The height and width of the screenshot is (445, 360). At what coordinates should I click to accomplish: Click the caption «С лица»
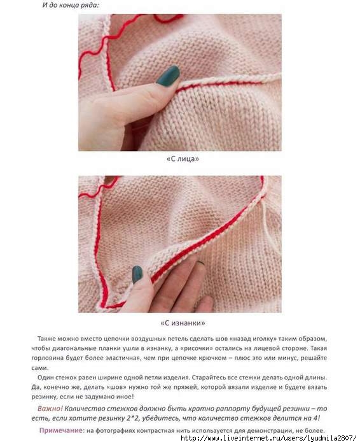(x=183, y=159)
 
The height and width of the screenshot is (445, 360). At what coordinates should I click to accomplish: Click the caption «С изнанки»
(x=183, y=323)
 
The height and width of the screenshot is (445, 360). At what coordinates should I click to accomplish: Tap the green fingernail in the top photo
(x=169, y=76)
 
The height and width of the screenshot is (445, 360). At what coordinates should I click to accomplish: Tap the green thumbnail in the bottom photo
(x=137, y=274)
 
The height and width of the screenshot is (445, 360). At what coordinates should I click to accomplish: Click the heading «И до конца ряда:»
(x=71, y=5)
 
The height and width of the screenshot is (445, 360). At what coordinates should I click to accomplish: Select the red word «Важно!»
(x=50, y=408)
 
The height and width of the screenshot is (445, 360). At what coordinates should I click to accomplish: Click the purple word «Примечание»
(x=62, y=430)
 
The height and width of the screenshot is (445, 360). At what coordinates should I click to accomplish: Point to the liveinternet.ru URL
(x=268, y=438)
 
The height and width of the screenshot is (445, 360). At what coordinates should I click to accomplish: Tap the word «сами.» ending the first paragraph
(x=40, y=368)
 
